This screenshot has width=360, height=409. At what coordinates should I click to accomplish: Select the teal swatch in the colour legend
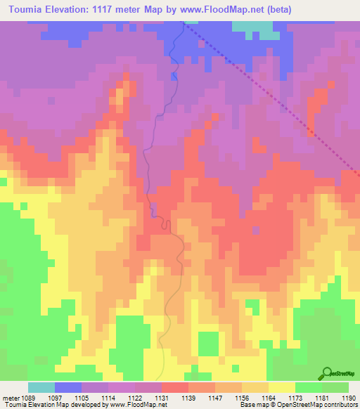pyautogui.click(x=41, y=387)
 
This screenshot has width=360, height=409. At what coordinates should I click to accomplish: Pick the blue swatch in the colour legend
pyautogui.click(x=68, y=387)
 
